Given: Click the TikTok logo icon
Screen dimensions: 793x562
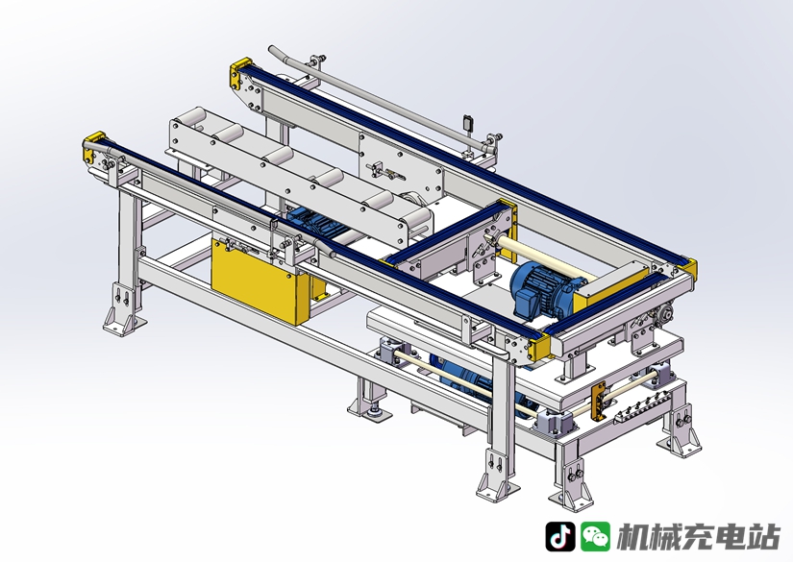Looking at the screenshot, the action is click(x=559, y=536).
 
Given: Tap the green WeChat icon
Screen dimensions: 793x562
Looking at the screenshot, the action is click(x=595, y=536).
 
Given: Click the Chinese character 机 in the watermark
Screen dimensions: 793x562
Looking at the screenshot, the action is click(x=633, y=536).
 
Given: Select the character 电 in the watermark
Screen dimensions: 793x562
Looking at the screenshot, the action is click(x=731, y=536).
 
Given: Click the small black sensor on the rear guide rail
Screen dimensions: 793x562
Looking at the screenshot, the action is click(x=468, y=122).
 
